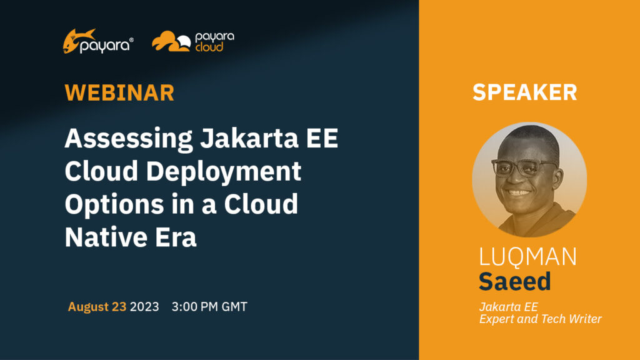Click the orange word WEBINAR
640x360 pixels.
119,92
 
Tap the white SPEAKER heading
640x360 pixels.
525,92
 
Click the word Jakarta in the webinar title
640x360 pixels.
249,138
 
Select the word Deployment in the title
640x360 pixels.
224,171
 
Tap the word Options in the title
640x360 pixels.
114,205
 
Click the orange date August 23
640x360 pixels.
97,306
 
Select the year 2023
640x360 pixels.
144,306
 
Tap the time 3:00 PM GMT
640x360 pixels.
209,306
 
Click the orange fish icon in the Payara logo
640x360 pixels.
77,40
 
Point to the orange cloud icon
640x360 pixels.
171,41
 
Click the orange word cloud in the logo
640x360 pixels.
209,47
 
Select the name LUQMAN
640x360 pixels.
527,256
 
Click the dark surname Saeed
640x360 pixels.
515,281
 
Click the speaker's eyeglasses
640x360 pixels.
524,166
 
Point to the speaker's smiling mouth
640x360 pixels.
518,192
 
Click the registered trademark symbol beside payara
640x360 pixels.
131,40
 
